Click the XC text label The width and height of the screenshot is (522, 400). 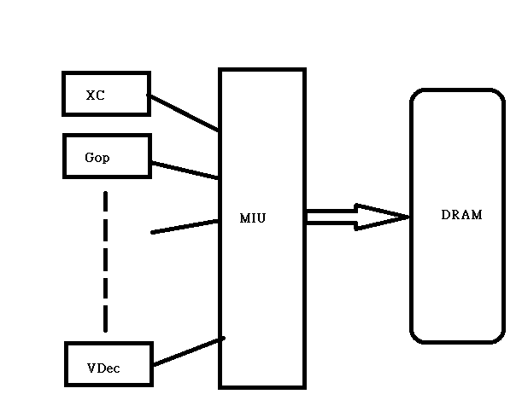(95, 96)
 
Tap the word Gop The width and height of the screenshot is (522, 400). (97, 158)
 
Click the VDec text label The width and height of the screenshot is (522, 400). (103, 368)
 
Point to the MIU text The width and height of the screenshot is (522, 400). (253, 218)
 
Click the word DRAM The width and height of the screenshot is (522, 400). (461, 215)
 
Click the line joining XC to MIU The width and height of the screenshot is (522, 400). (183, 113)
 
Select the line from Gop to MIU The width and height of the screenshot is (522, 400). (185, 171)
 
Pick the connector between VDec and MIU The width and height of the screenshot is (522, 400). (188, 351)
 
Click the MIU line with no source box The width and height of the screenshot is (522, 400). (185, 226)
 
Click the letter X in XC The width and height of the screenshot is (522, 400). (91, 96)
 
